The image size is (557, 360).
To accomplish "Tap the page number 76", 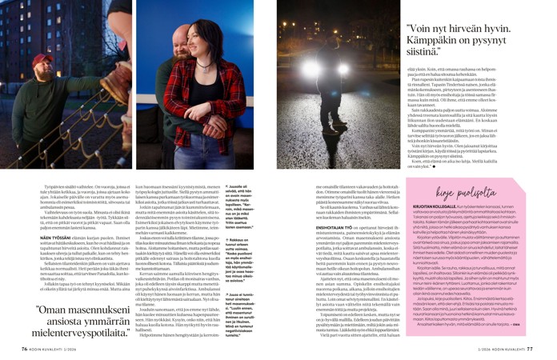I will tap(25, 348).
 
